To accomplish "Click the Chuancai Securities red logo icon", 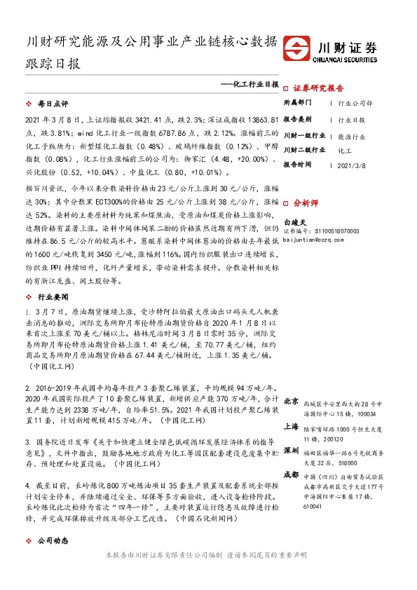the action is point(301,49).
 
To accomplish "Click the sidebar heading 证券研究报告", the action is point(318,88).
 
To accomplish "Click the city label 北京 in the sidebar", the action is point(292,400).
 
